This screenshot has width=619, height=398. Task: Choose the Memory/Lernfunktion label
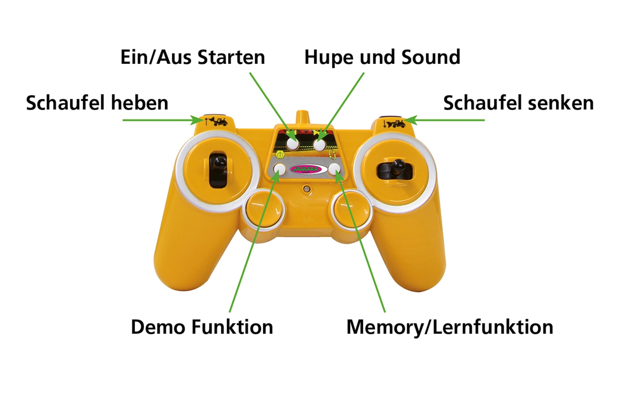[x=450, y=327]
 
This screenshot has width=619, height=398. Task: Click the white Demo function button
[x=280, y=169]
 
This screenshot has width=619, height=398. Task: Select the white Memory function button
[x=335, y=169]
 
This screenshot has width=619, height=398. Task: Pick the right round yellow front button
[x=352, y=211]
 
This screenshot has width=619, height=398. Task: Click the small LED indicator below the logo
[x=307, y=188]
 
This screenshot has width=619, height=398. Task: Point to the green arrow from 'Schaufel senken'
[x=445, y=120]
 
